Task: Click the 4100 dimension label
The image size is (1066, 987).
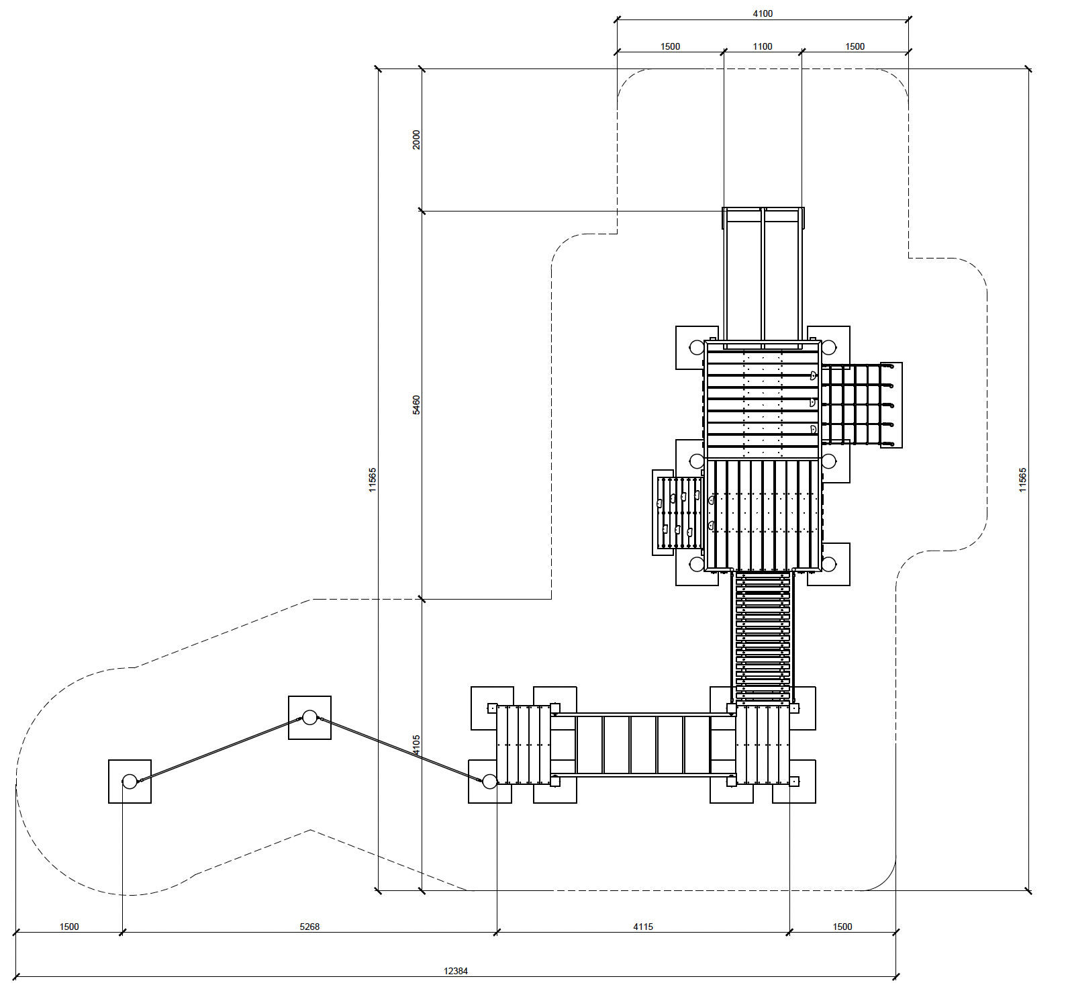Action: (x=763, y=13)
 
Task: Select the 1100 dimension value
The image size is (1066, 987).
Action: (x=763, y=46)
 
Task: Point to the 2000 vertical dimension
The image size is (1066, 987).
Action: (x=416, y=140)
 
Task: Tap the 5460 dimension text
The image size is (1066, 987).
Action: (x=416, y=405)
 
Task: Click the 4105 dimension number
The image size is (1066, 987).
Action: (x=416, y=745)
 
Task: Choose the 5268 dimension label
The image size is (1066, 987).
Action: (x=309, y=927)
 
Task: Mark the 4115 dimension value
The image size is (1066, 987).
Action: (x=643, y=927)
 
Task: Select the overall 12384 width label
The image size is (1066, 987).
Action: (x=456, y=971)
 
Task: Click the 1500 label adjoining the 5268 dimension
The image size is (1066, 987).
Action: (x=69, y=927)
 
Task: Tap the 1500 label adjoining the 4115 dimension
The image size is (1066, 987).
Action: (x=842, y=927)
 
